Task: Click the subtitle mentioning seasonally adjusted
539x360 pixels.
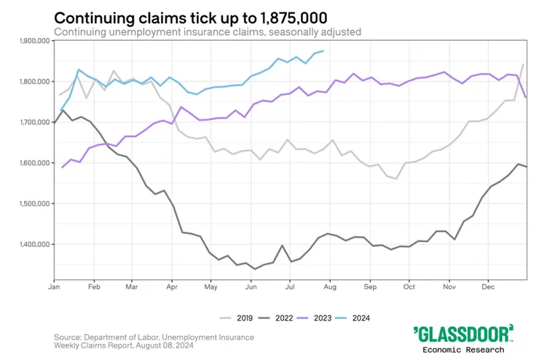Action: [207, 32]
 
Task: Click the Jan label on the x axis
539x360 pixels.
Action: [54, 288]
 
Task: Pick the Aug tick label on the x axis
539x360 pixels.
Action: [329, 288]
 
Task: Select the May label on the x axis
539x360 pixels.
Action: [212, 288]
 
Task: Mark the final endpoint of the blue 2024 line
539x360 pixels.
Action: [323, 51]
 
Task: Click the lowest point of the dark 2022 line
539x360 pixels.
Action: [255, 269]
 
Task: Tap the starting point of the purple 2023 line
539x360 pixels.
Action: [63, 168]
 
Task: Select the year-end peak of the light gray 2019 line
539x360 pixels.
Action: [523, 65]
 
